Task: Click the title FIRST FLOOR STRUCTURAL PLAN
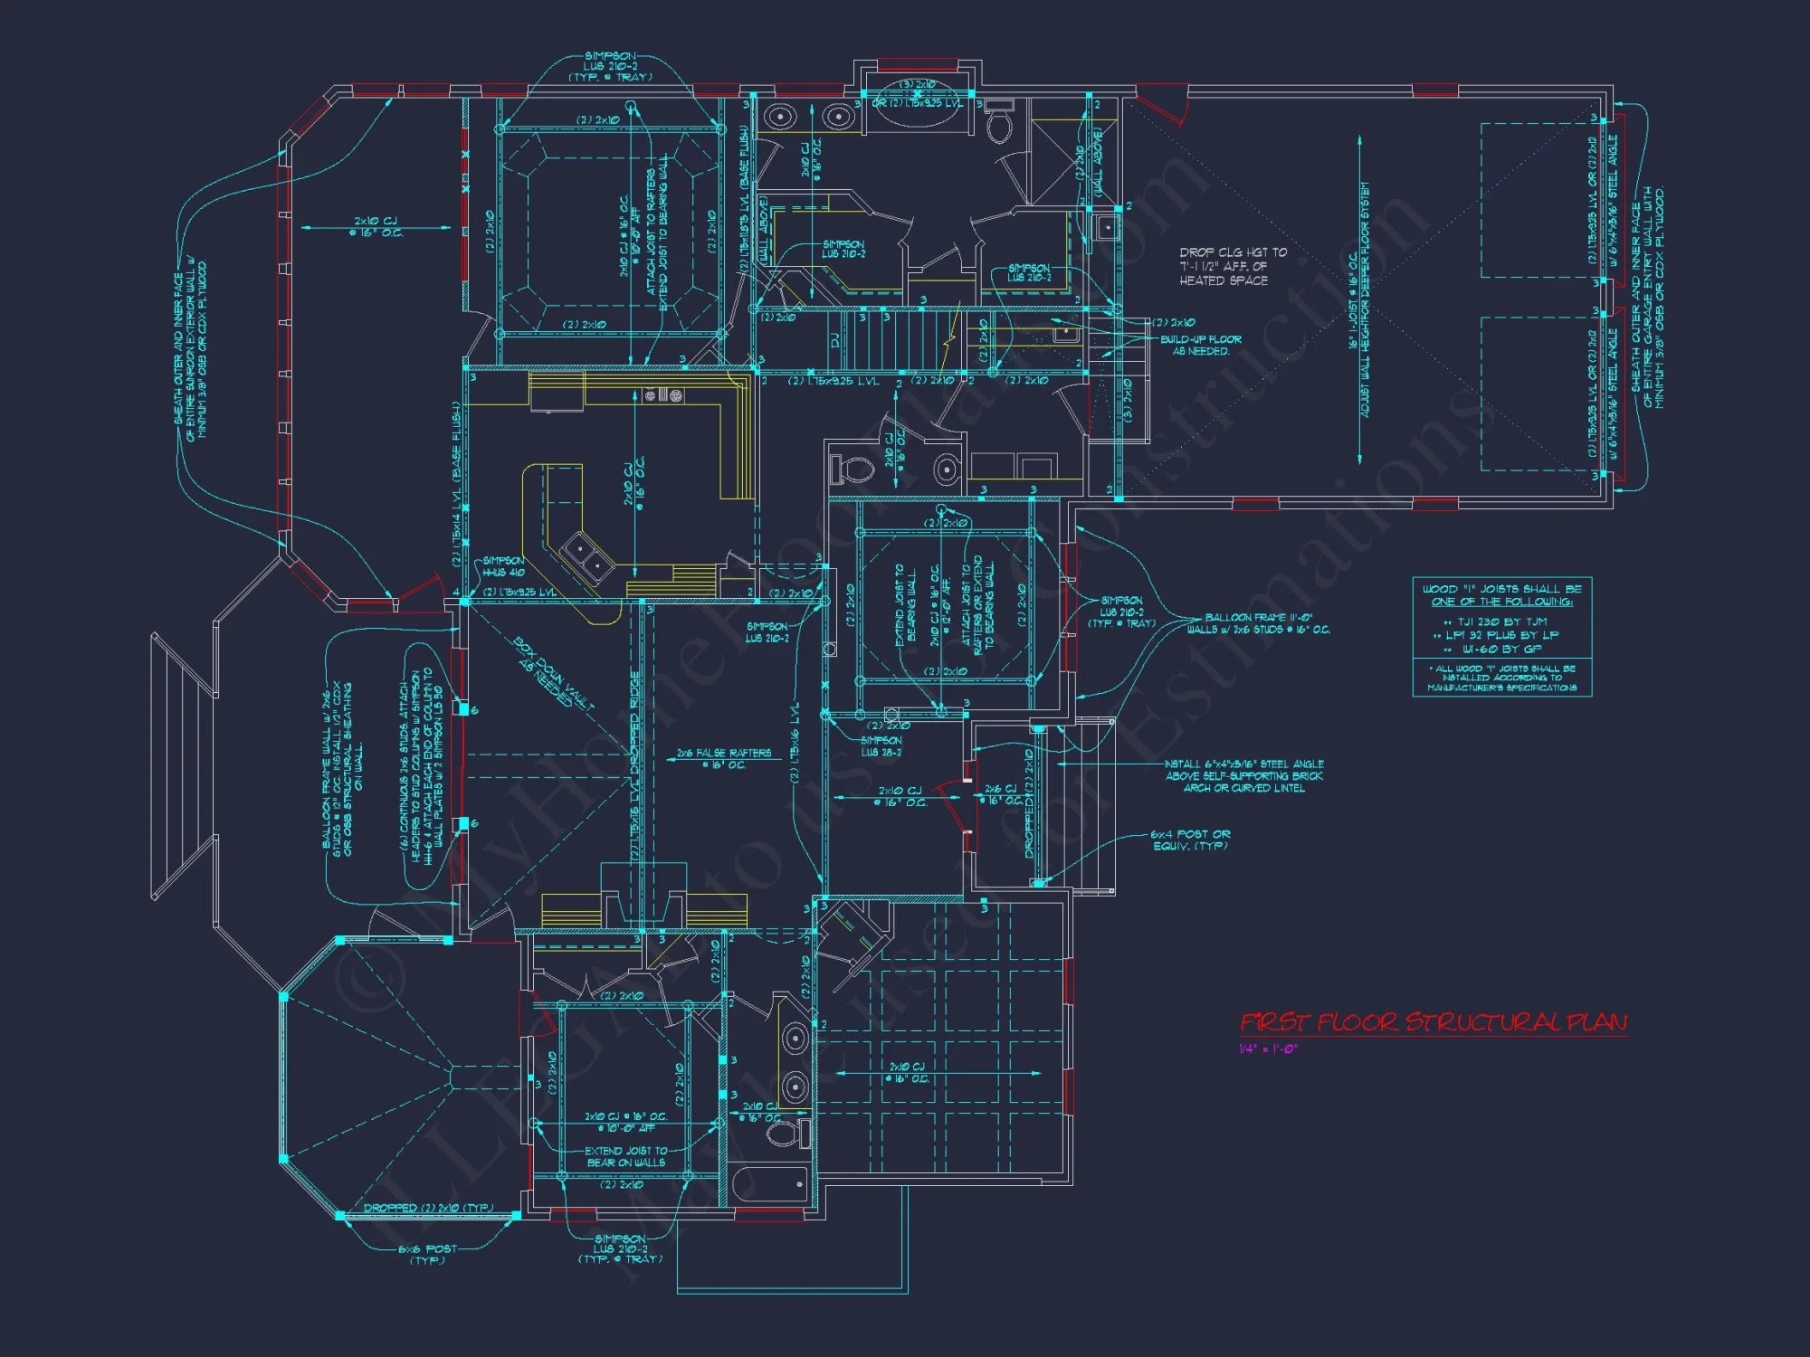pos(1434,1022)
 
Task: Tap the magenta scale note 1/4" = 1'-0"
pos(1268,1049)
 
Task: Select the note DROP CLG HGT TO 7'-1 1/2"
pos(1233,266)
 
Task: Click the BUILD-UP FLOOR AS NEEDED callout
pos(1201,345)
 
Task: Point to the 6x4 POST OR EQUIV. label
pos(1190,840)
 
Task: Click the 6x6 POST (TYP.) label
pos(428,1254)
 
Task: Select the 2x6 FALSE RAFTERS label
pos(724,758)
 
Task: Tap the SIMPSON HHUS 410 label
pos(503,566)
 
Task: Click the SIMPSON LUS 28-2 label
pos(881,745)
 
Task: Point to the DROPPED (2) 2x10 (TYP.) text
pos(428,1208)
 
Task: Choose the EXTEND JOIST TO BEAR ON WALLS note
pos(626,1156)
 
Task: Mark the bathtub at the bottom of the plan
pos(769,1185)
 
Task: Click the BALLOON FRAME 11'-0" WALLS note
pos(1259,623)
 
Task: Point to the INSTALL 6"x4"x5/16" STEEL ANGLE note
pos(1244,776)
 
